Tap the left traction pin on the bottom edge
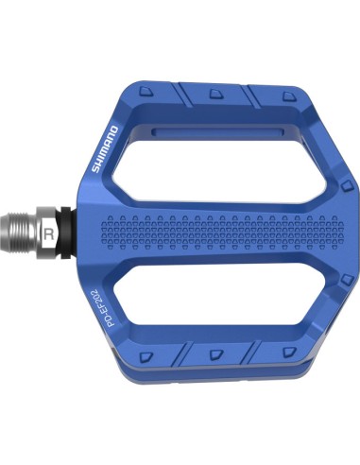(148, 355)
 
